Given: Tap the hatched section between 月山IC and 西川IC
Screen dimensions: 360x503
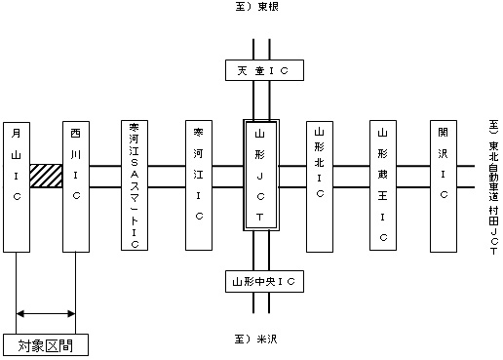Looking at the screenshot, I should point(46,176).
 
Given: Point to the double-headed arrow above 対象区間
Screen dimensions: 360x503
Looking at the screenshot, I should point(46,313).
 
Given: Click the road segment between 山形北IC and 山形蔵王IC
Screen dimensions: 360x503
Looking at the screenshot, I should point(352,176).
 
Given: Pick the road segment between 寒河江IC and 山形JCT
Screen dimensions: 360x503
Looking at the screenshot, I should point(227,176).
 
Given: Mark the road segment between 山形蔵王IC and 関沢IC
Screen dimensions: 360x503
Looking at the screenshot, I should point(413,176).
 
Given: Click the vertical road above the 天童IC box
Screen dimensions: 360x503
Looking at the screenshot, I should point(260,49).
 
